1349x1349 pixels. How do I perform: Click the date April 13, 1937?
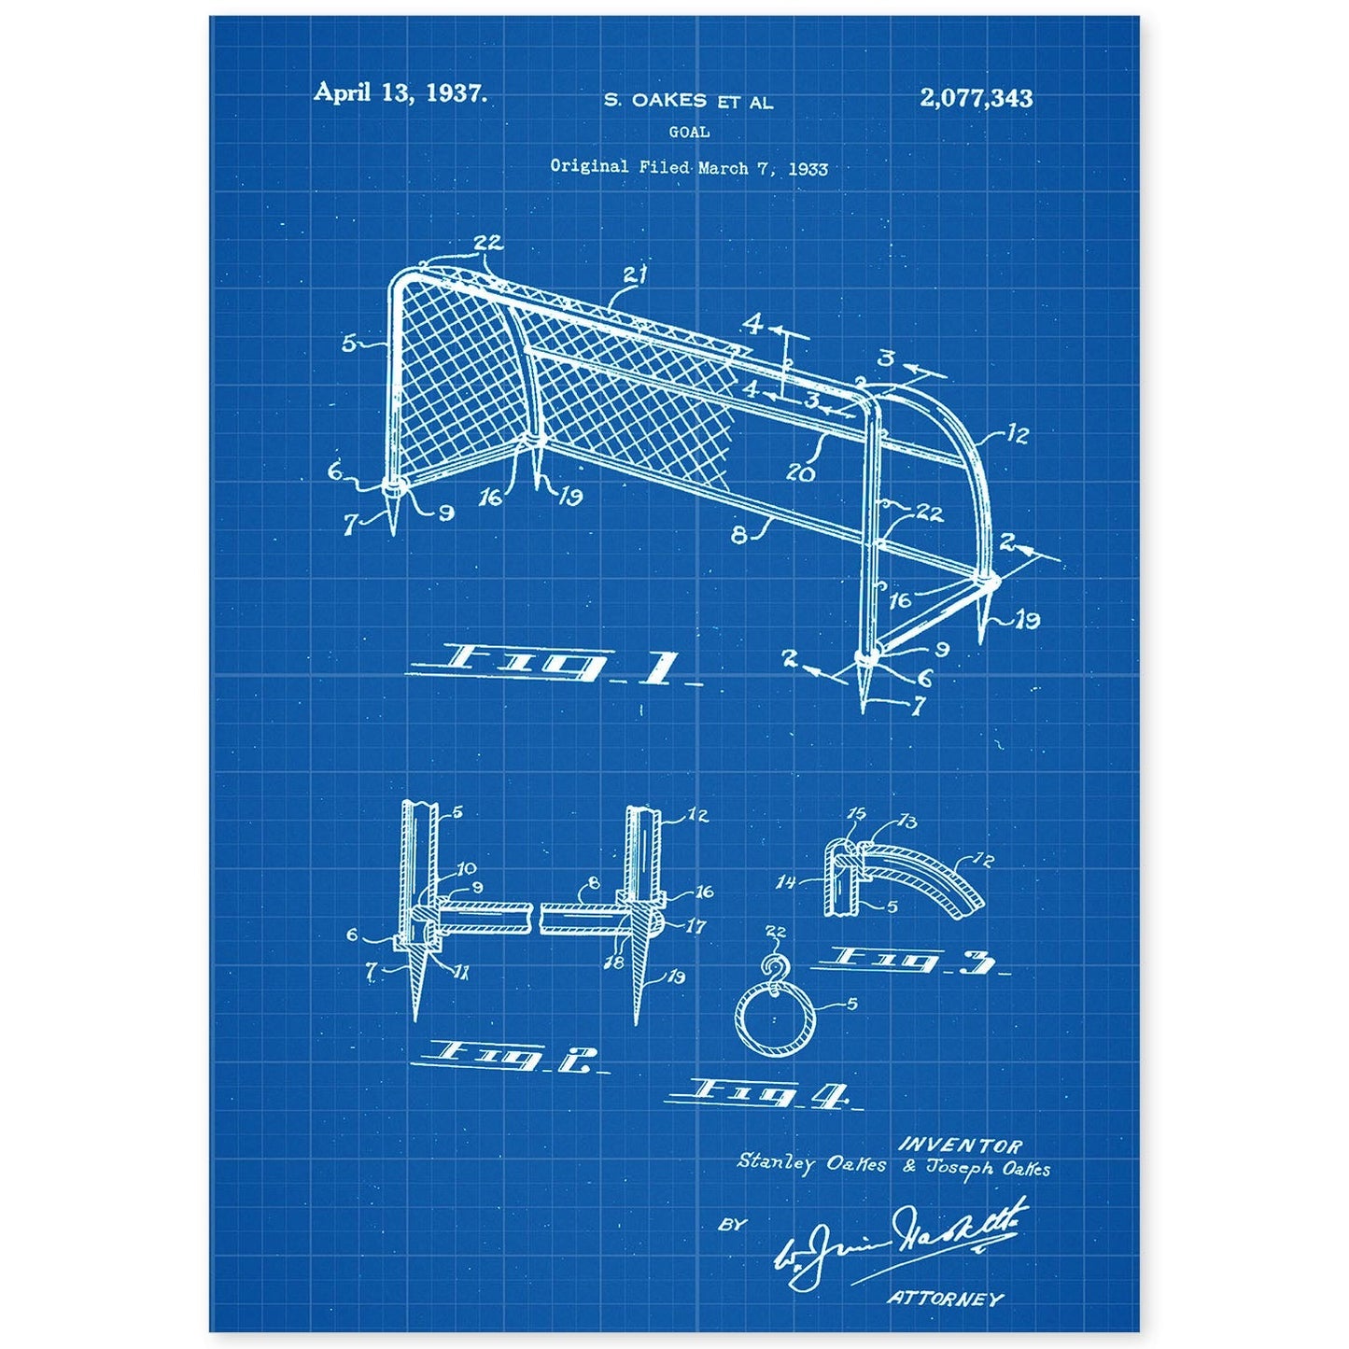click(x=400, y=92)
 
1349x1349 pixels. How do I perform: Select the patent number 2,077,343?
click(x=976, y=97)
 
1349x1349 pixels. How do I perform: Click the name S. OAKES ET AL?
click(x=688, y=103)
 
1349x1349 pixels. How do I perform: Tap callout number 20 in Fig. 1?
click(x=801, y=472)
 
